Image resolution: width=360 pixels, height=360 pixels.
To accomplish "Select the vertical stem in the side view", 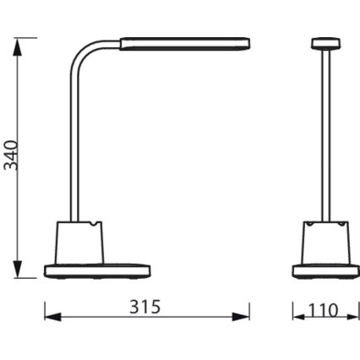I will point(72,152).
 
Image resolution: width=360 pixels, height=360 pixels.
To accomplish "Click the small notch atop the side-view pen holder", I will point(88,226).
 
